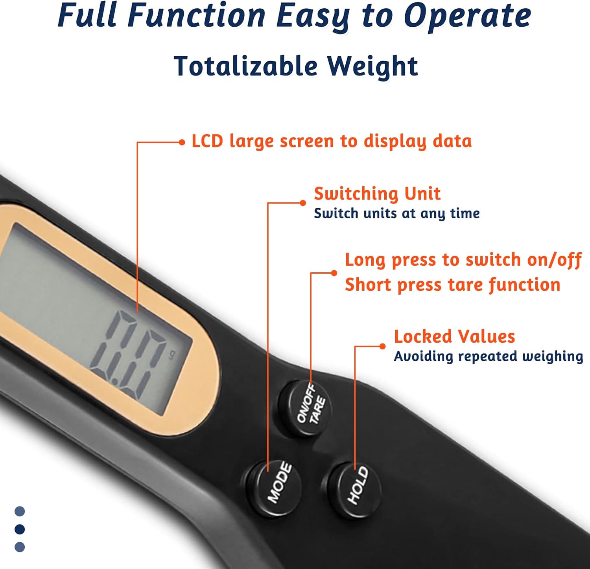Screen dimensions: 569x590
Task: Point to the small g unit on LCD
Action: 171,355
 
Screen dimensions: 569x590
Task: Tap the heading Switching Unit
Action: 377,193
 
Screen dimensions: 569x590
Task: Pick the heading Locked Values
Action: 454,336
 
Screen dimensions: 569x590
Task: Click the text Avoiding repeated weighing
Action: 488,356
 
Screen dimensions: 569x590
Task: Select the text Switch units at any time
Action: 396,213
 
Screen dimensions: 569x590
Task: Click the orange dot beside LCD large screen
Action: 181,142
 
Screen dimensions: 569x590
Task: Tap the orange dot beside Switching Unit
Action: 302,203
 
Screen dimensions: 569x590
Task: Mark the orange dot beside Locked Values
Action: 382,346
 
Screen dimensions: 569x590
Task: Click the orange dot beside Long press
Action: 334,273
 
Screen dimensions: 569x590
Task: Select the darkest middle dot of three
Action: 19,529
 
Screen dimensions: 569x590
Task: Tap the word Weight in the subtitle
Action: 372,66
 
